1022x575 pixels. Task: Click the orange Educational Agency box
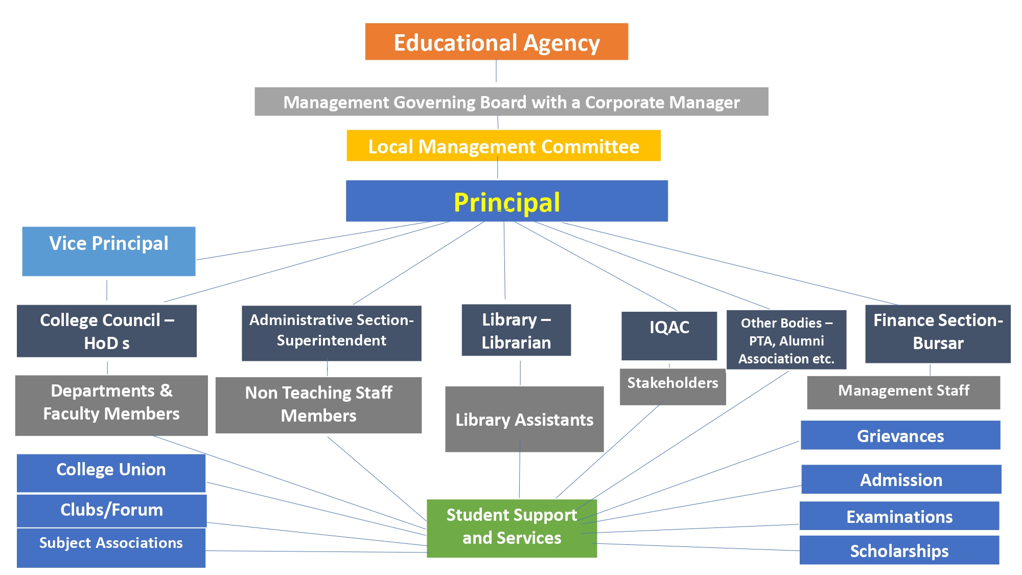pyautogui.click(x=496, y=42)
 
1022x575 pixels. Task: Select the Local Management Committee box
pyautogui.click(x=503, y=146)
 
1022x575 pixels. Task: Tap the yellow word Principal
pyautogui.click(x=506, y=202)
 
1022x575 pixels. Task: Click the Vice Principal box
pyautogui.click(x=108, y=251)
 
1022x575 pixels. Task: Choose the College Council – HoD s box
pyautogui.click(x=106, y=331)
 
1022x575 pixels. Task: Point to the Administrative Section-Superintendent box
pyautogui.click(x=331, y=333)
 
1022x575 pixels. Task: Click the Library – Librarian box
pyautogui.click(x=516, y=330)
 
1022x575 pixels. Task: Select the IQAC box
pyautogui.click(x=669, y=335)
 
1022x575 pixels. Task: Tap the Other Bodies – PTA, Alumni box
pyautogui.click(x=786, y=340)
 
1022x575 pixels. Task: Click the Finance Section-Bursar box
pyautogui.click(x=938, y=334)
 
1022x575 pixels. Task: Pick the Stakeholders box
pyautogui.click(x=672, y=387)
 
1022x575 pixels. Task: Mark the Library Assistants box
pyautogui.click(x=524, y=419)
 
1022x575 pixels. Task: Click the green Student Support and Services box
pyautogui.click(x=512, y=528)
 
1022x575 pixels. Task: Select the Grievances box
pyautogui.click(x=900, y=435)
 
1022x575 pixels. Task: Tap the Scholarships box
pyautogui.click(x=899, y=550)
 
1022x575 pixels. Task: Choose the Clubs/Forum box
pyautogui.click(x=111, y=510)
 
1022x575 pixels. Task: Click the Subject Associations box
pyautogui.click(x=111, y=547)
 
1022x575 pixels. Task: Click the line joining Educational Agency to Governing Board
pyautogui.click(x=496, y=72)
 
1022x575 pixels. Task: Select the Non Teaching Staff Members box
pyautogui.click(x=318, y=405)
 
